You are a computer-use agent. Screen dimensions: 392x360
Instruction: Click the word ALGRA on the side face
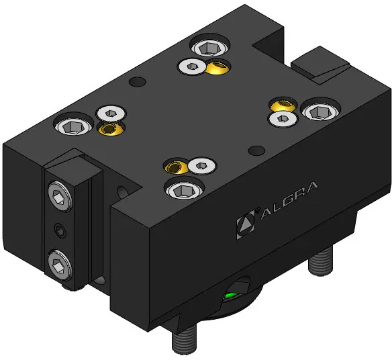click(289, 201)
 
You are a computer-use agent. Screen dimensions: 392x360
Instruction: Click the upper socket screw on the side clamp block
click(60, 196)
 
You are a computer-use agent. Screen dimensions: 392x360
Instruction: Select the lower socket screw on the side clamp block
click(60, 265)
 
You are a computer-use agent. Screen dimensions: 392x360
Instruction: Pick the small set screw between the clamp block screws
click(60, 230)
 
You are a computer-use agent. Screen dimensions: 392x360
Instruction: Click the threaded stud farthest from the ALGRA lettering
click(184, 339)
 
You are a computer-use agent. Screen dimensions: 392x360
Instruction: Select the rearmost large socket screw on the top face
click(209, 48)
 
